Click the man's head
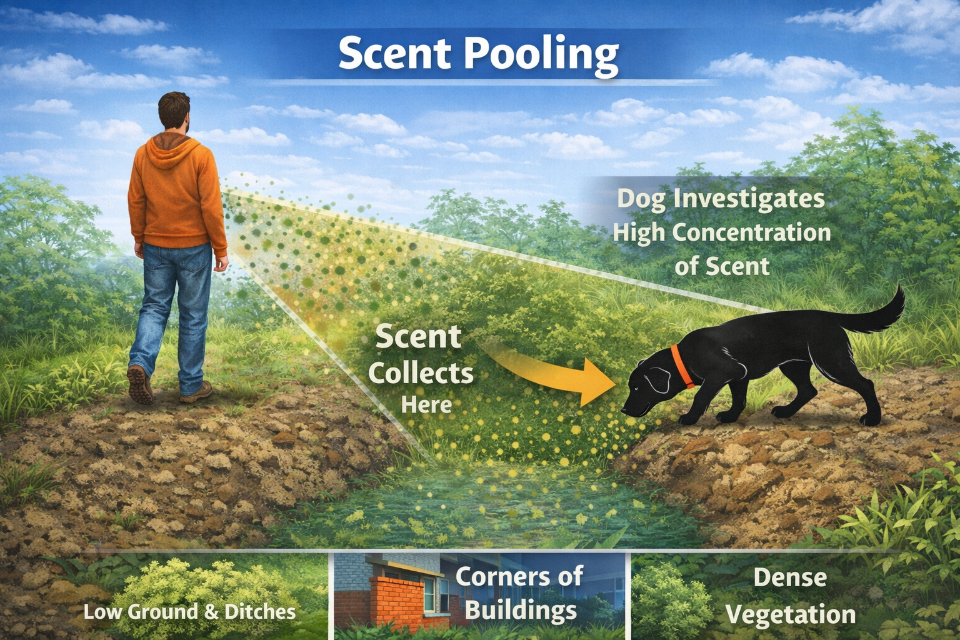(x=174, y=112)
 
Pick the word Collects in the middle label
(x=421, y=374)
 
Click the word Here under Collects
(x=426, y=405)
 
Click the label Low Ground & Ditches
(x=189, y=611)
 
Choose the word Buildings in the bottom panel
(x=521, y=609)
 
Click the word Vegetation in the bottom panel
(x=790, y=614)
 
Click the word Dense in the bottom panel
(x=790, y=577)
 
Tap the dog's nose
(x=624, y=411)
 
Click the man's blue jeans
(x=175, y=300)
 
